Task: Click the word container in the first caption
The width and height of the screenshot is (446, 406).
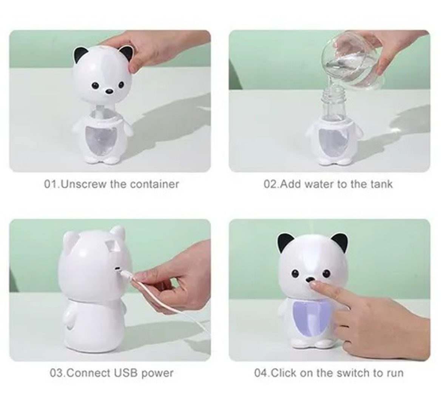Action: [154, 184]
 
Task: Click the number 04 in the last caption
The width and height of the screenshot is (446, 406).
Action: [261, 372]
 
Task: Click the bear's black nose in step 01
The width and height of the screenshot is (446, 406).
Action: [109, 91]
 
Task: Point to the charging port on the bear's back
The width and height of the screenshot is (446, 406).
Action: [117, 268]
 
